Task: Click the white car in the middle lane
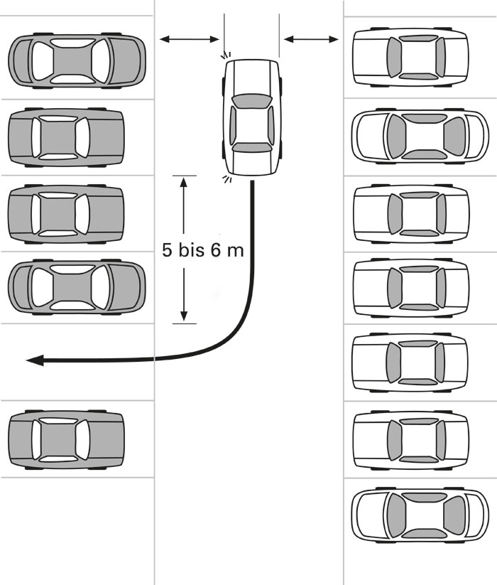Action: [x=252, y=117]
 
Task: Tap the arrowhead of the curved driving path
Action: [x=35, y=360]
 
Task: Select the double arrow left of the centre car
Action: [x=190, y=39]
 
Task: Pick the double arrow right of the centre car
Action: [x=311, y=39]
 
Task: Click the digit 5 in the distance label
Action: [x=168, y=249]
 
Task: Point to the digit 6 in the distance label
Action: [x=216, y=249]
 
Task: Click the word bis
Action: [x=192, y=249]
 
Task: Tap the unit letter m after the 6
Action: [x=235, y=252]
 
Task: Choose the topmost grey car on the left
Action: [x=77, y=61]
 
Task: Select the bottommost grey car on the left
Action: [x=66, y=439]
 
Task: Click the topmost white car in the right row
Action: [x=410, y=57]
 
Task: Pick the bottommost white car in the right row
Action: [x=420, y=514]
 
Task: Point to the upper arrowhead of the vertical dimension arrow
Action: [x=183, y=182]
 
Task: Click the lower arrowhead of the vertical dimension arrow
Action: [x=184, y=316]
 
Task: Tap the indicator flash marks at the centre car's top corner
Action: [x=226, y=55]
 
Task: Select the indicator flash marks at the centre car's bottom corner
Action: [x=227, y=179]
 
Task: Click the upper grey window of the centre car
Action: [x=251, y=102]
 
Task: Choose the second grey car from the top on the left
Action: [x=66, y=138]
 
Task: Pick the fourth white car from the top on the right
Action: [x=410, y=288]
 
